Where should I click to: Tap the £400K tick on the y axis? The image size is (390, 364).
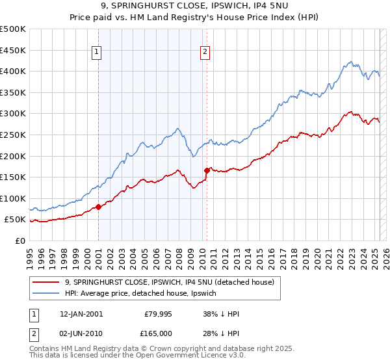tap(13, 71)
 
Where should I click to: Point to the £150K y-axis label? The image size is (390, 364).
tap(13, 177)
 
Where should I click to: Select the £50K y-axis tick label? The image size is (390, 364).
tap(16, 220)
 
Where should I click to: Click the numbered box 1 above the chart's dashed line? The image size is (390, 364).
tap(96, 53)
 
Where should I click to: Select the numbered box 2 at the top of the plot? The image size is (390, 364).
tap(205, 53)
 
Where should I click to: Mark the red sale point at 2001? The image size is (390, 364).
tap(98, 207)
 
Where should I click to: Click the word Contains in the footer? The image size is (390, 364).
tap(45, 350)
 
